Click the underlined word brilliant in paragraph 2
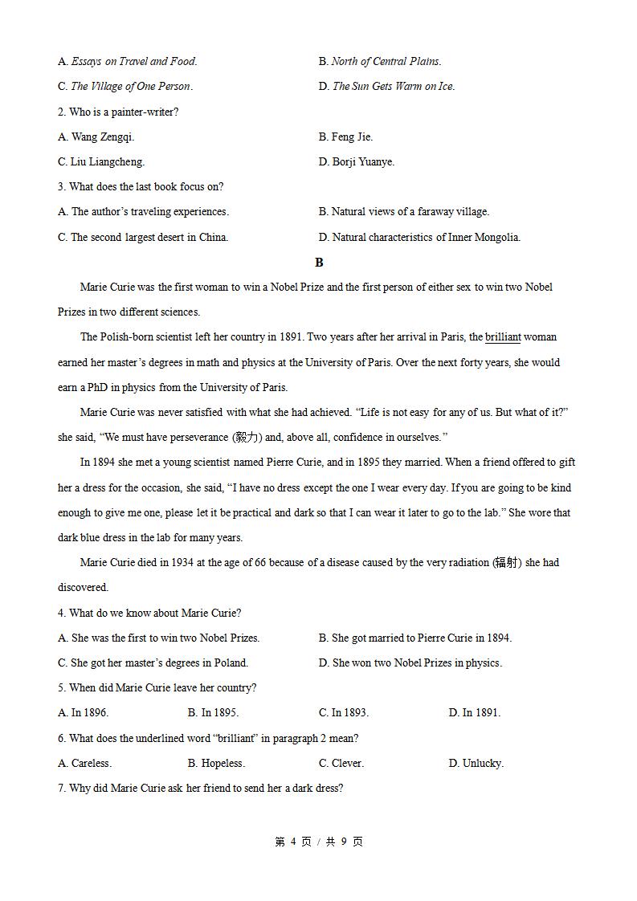503,337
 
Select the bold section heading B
319,263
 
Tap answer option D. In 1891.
474,712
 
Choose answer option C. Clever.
341,763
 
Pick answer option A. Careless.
85,763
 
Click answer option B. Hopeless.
216,763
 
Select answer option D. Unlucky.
476,763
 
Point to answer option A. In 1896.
84,712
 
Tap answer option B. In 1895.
213,712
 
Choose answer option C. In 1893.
344,712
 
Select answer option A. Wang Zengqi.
96,137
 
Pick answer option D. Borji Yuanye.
357,161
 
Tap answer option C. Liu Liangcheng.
101,161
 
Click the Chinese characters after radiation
507,563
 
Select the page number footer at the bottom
319,842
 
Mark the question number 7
61,788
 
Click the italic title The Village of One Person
131,86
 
